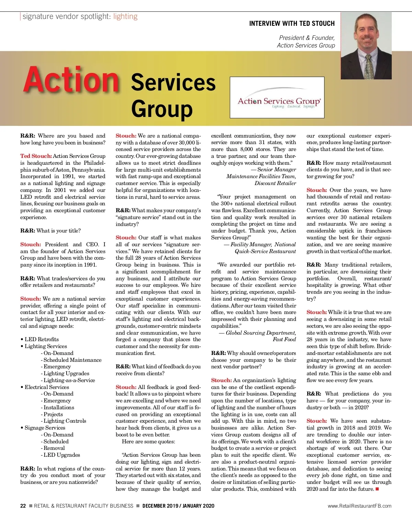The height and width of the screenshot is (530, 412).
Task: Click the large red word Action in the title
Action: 71,80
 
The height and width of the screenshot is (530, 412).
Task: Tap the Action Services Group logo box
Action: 277,97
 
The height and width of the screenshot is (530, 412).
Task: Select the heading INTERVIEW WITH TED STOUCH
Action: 291,24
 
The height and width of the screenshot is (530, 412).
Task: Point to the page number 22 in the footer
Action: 23,506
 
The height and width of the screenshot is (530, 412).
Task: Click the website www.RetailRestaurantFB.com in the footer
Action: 359,506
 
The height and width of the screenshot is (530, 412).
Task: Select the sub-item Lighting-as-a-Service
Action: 69,380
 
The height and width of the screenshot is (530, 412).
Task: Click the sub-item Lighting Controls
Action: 65,421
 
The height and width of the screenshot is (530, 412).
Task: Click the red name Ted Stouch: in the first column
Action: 36,156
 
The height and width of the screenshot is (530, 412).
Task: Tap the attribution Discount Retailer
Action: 275,183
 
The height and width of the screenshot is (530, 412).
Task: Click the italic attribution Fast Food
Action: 284,339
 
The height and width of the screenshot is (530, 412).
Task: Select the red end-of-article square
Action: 377,489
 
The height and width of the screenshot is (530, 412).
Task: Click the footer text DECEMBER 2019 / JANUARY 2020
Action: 178,506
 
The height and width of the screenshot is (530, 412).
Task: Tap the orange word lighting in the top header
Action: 125,17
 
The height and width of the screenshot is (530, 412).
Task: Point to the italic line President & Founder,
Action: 307,38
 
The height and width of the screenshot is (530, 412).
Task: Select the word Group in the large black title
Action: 162,109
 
